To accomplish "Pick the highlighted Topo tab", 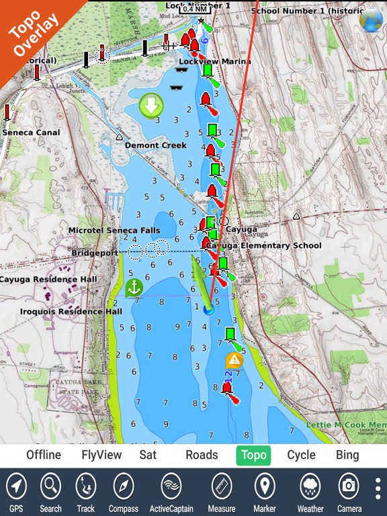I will pos(253,455).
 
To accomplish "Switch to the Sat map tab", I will pos(148,455).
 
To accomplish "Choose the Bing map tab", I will pos(347,455).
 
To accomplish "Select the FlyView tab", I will pos(101,455).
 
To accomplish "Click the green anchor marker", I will pos(134,288).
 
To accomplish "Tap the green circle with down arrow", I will pos(151,105).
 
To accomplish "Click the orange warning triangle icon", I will pos(234,361).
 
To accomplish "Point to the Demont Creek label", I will pos(155,145).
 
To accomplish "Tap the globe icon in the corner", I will pos(370,20).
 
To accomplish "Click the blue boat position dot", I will pos(208,309).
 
